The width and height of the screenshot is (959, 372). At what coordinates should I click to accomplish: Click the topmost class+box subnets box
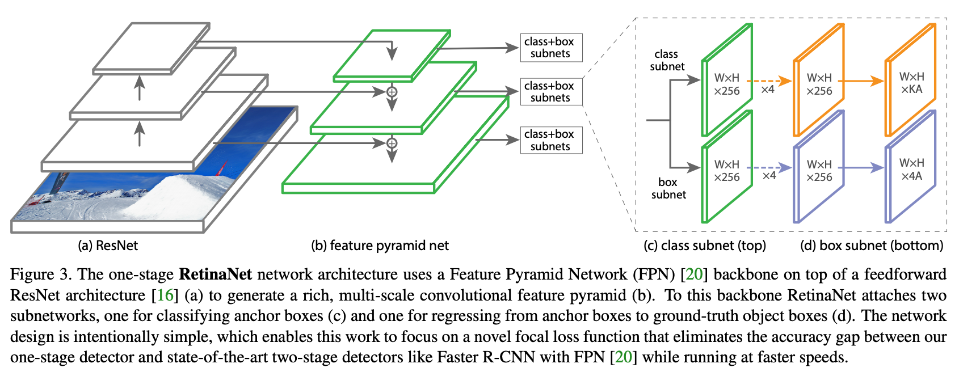pyautogui.click(x=551, y=48)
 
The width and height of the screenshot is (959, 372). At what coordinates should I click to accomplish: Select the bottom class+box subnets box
pyautogui.click(x=551, y=140)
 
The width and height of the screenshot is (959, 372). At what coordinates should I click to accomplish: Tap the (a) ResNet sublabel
pyautogui.click(x=108, y=246)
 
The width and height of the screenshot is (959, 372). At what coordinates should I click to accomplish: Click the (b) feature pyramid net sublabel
pyautogui.click(x=380, y=246)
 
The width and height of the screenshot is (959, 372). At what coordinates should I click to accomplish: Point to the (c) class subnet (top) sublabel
pyautogui.click(x=705, y=246)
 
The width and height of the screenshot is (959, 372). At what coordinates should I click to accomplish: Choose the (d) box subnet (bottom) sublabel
pyautogui.click(x=872, y=246)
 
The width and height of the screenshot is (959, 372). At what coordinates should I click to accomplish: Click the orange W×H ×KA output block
pyautogui.click(x=911, y=80)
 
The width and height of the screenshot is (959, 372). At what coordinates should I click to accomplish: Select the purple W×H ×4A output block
pyautogui.click(x=911, y=167)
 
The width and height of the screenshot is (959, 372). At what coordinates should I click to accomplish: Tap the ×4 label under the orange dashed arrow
pyautogui.click(x=768, y=90)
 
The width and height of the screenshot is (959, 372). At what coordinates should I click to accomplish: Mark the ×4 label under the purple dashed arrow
pyautogui.click(x=769, y=176)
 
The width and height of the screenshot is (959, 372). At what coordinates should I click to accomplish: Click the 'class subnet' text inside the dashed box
pyautogui.click(x=667, y=60)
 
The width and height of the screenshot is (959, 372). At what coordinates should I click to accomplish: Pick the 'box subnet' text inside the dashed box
pyautogui.click(x=668, y=188)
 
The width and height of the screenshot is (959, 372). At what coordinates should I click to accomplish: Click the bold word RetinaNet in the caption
pyautogui.click(x=215, y=274)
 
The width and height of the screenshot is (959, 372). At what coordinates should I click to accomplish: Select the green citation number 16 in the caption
pyautogui.click(x=165, y=295)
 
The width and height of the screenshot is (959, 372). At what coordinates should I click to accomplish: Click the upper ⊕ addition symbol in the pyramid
pyautogui.click(x=392, y=92)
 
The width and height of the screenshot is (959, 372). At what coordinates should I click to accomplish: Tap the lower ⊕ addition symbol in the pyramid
pyautogui.click(x=392, y=143)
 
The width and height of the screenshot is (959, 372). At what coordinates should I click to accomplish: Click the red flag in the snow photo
pyautogui.click(x=221, y=168)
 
